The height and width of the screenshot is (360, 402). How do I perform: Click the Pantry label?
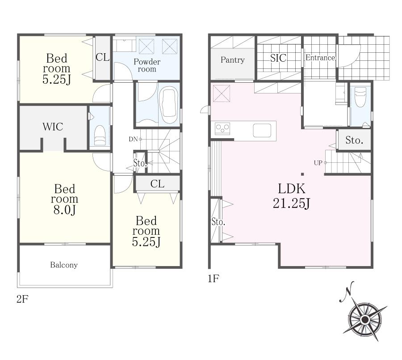tap(233, 60)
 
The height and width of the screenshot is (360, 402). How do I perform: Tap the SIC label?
tap(278, 58)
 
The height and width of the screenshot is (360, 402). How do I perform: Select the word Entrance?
tap(320, 58)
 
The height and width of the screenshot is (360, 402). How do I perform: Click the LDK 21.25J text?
tap(292, 196)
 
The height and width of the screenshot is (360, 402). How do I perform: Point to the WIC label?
tap(53, 127)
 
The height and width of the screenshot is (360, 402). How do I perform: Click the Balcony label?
tap(64, 265)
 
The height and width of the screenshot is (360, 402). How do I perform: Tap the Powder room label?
tap(147, 65)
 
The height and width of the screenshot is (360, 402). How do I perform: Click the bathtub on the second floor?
tap(168, 105)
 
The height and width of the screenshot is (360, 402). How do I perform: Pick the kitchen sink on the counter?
tap(262, 131)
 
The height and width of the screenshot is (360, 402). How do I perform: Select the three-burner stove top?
tap(222, 128)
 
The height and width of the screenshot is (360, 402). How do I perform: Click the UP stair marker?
tap(320, 163)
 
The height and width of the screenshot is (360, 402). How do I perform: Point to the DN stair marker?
tap(135, 139)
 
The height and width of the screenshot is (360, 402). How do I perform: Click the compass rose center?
tap(364, 320)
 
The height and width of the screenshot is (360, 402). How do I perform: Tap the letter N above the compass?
tap(347, 292)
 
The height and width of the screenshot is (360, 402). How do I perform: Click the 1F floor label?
tap(214, 278)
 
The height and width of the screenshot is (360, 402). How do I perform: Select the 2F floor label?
tap(22, 299)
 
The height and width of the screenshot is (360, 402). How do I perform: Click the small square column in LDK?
tap(302, 174)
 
